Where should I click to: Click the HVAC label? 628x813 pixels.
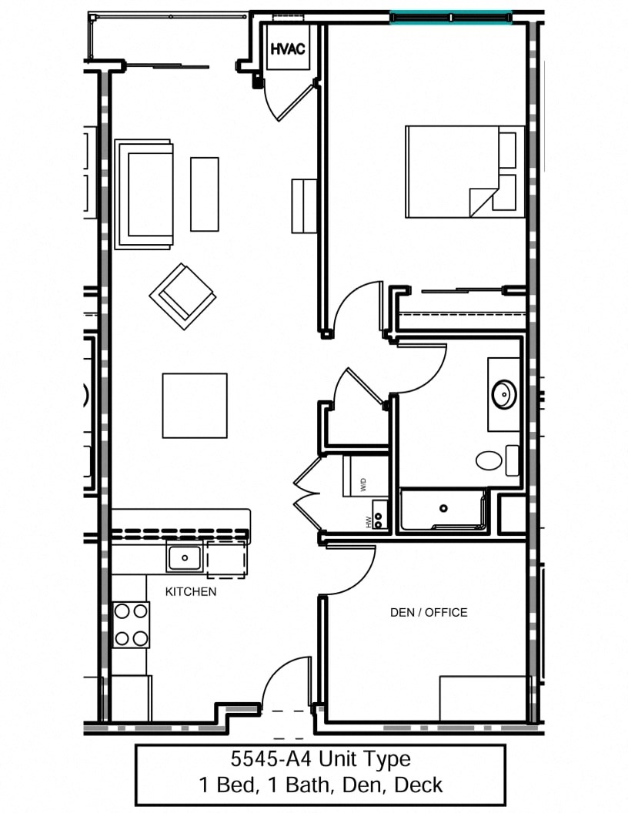287,49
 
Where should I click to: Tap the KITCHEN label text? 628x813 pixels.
191,592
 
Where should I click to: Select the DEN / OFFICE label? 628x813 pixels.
429,613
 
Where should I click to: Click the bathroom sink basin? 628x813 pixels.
504,394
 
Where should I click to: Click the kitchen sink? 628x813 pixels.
185,557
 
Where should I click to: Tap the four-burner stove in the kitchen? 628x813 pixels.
131,624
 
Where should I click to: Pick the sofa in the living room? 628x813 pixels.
144,194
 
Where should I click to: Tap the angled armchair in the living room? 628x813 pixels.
182,296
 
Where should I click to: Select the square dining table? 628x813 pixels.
195,405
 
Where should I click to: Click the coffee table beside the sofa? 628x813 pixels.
205,194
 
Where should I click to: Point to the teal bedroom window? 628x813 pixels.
450,17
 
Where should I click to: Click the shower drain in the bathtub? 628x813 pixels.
443,508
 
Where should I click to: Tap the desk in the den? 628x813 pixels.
483,698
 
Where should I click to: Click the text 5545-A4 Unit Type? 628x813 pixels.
320,760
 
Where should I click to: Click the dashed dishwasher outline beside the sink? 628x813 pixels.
226,557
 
